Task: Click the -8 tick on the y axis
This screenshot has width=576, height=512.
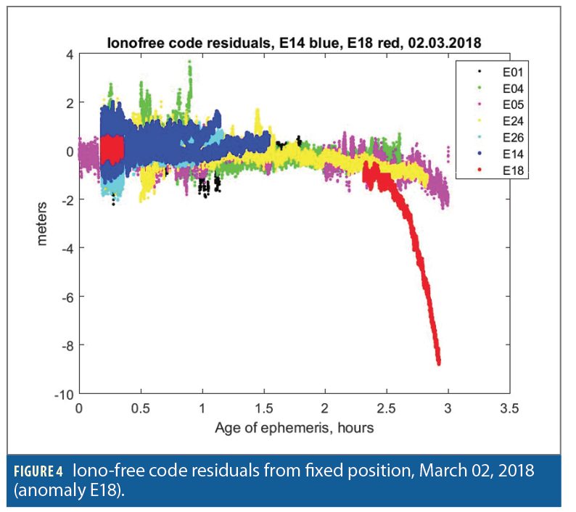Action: tap(63, 345)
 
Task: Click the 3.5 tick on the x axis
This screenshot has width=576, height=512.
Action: tap(509, 409)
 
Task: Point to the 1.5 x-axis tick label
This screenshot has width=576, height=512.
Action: tap(263, 409)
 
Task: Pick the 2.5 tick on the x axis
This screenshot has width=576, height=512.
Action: tap(387, 409)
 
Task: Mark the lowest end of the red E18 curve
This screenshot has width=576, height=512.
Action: tap(439, 363)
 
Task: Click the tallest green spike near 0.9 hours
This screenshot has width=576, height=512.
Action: tap(189, 63)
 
